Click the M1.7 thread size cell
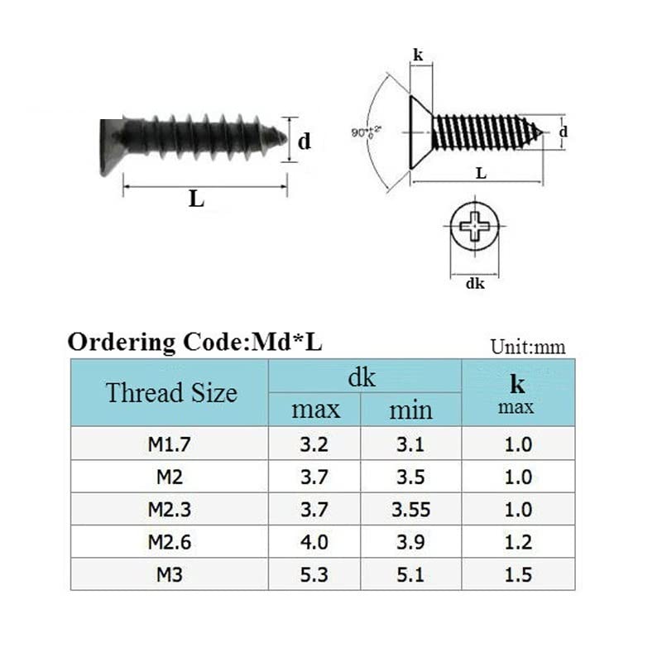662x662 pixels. pos(170,444)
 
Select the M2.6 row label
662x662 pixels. pos(170,542)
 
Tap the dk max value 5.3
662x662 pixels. pos(314,574)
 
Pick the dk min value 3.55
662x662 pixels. pos(410,510)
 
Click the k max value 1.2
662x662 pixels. pos(519,542)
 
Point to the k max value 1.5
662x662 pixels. pos(519,574)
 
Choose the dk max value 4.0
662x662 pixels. pos(314,542)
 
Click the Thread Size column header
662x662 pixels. pos(171,392)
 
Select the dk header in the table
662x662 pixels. pos(362,377)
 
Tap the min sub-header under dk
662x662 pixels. pos(410,410)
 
